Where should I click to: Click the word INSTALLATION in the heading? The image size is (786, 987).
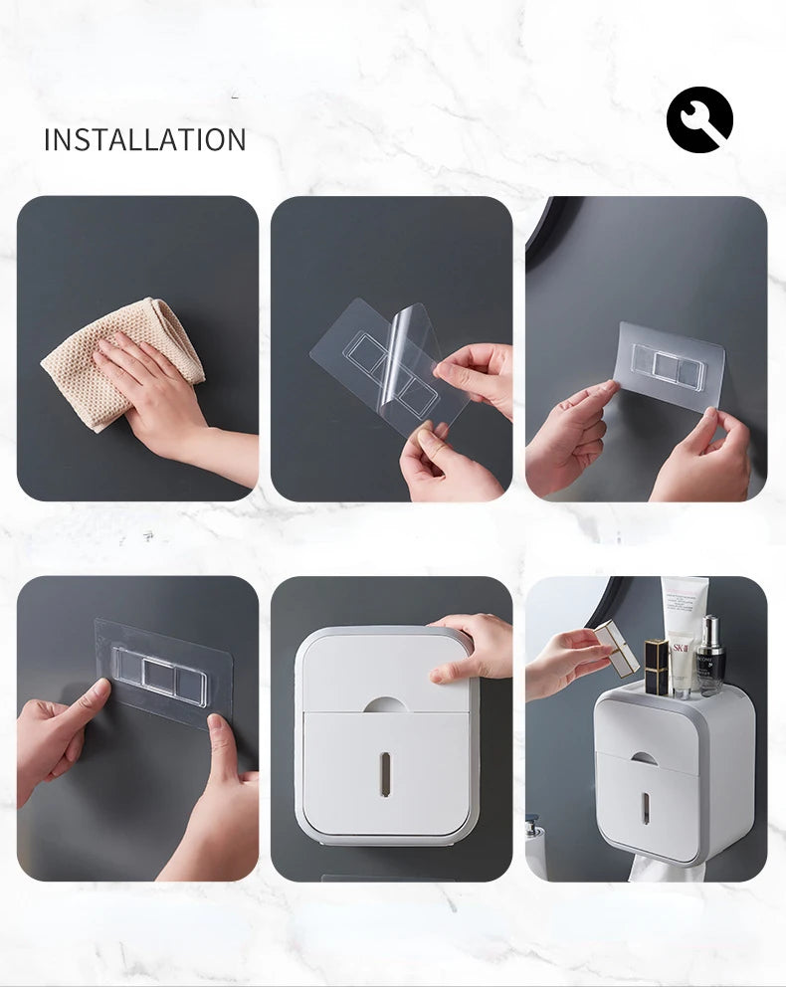(144, 139)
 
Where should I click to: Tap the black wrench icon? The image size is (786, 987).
(699, 119)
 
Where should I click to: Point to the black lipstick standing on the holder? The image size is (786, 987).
(656, 666)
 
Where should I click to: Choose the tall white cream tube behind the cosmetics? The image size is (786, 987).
(685, 601)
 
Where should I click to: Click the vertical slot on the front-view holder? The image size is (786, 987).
(384, 773)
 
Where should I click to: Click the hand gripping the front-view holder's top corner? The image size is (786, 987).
(473, 647)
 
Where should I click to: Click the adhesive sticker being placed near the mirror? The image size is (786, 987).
(669, 366)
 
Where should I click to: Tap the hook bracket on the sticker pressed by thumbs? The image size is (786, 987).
(159, 676)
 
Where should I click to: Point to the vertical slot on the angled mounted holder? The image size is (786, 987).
(645, 807)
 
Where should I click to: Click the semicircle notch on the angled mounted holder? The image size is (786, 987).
(645, 758)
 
